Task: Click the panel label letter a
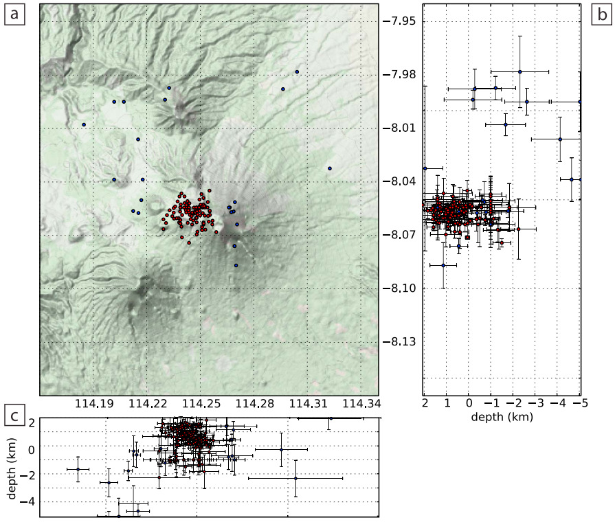pos(15,14)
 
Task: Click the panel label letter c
pos(15,416)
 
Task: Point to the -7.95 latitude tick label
pos(399,21)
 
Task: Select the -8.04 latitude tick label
pos(399,181)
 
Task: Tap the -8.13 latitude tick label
pos(399,341)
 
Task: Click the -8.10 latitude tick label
pos(399,288)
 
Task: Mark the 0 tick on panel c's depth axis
pos(32,449)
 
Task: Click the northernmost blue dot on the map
pos(297,71)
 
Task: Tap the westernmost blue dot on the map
pos(84,124)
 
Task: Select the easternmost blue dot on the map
pos(330,168)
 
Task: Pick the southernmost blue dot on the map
pos(236,265)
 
